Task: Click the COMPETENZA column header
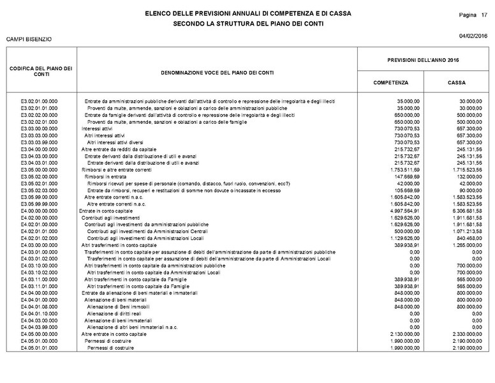(x=390, y=83)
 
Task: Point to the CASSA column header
(x=456, y=83)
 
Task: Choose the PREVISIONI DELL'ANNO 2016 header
(x=423, y=59)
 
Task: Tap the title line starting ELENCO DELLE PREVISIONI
(x=247, y=13)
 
